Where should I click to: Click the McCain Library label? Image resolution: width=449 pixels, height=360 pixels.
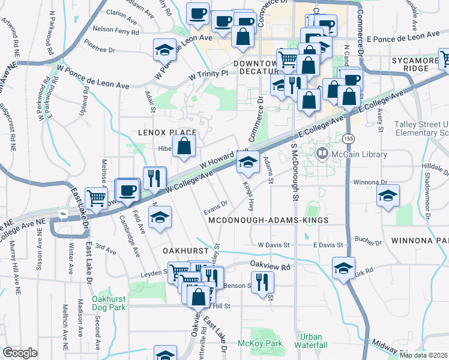[358, 155]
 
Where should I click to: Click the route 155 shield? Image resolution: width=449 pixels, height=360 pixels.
[348, 139]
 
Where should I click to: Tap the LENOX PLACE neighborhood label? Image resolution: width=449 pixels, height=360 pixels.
[167, 133]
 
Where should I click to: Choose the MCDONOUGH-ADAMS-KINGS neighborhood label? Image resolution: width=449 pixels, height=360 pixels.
[268, 221]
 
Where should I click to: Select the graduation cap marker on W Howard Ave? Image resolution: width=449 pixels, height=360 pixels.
[247, 161]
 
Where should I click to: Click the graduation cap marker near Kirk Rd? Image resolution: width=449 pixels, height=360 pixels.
[343, 267]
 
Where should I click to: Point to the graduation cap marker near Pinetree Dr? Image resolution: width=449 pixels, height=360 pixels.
[164, 50]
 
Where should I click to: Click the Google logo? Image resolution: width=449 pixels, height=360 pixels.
[20, 353]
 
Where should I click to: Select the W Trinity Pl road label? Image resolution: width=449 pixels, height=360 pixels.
[209, 74]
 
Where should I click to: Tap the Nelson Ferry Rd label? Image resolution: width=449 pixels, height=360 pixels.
[116, 29]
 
